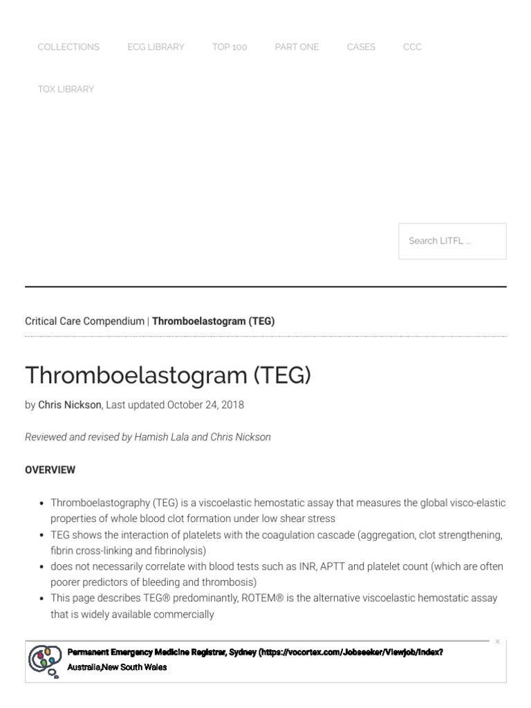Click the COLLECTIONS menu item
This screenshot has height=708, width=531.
68,47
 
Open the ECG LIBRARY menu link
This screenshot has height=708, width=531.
156,47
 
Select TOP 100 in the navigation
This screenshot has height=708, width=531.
230,47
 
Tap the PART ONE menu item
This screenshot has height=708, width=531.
297,47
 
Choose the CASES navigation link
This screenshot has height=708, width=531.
361,47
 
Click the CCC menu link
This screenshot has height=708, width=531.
412,47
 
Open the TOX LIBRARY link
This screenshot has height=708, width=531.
66,89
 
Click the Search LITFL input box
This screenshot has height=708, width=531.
452,241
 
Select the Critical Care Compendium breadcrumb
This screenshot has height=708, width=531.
84,322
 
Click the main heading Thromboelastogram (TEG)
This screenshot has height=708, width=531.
168,375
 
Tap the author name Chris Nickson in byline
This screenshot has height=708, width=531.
69,405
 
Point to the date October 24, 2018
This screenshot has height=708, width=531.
205,405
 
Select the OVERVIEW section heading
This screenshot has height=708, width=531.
50,470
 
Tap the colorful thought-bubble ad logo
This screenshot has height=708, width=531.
45,660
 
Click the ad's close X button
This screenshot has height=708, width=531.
497,642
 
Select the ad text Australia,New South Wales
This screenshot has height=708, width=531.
117,667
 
